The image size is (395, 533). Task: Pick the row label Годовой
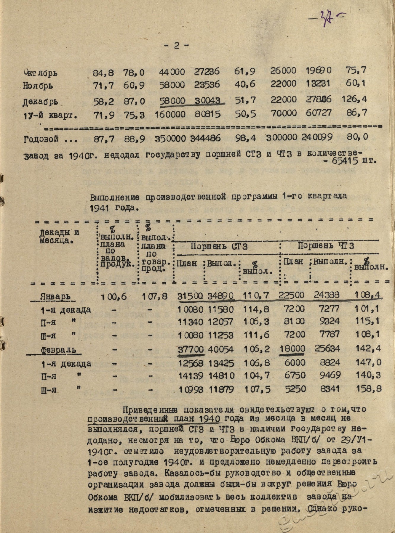point(41,139)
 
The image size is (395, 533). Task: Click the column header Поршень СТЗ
point(219,246)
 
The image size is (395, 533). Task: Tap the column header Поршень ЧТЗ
point(326,246)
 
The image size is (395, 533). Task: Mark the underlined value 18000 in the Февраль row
point(292,349)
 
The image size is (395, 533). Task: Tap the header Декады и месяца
point(59,236)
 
